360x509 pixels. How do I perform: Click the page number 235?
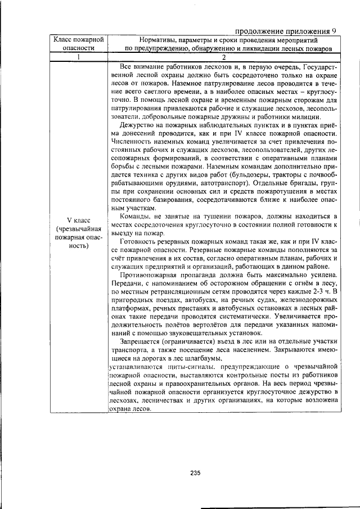click(195, 472)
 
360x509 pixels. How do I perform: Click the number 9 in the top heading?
click(334, 31)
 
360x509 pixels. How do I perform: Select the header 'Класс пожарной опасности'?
click(78, 44)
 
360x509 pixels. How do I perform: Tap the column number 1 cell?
click(78, 57)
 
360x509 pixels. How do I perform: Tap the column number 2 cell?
click(223, 57)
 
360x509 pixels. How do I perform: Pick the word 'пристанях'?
click(186, 308)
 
